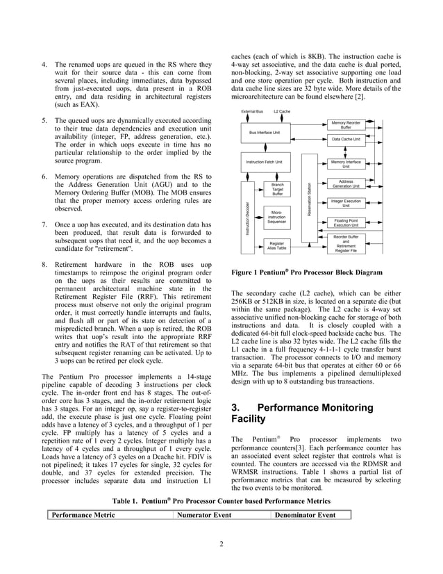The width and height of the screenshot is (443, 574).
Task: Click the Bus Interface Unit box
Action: click(264, 132)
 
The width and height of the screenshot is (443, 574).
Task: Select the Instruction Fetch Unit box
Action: click(264, 162)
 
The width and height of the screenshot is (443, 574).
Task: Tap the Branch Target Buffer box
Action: click(277, 190)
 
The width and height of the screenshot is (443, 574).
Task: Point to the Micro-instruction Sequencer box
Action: click(277, 217)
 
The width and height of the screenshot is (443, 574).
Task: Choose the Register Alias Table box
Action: click(277, 245)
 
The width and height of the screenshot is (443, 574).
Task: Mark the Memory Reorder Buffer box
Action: click(346, 124)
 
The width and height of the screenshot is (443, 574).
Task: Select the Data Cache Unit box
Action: click(346, 139)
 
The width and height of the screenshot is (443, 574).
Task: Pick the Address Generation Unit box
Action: click(346, 184)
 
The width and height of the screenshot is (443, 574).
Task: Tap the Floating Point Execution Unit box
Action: click(346, 222)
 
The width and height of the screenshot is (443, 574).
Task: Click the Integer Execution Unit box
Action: click(346, 203)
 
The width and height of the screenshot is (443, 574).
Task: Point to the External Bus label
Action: click(251, 111)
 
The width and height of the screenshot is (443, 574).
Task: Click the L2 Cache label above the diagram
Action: click(282, 111)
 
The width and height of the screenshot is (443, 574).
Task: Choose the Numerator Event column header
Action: click(204, 515)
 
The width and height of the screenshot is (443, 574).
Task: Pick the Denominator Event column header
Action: click(306, 515)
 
